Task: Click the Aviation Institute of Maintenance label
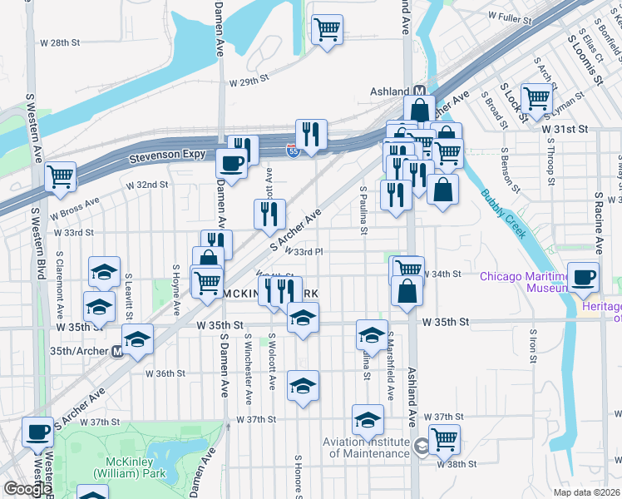click(369, 447)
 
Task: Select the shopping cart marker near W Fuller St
click(327, 30)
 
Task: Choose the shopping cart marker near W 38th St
click(444, 437)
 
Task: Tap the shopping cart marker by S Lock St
click(536, 98)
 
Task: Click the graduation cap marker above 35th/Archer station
click(137, 338)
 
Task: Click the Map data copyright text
click(585, 492)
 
